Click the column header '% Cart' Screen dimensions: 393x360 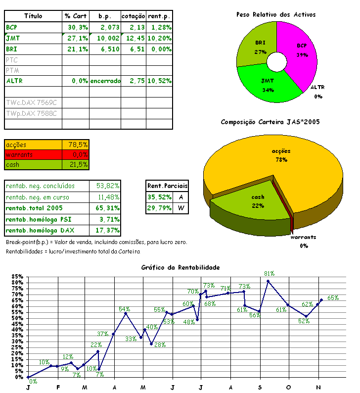pos(76,16)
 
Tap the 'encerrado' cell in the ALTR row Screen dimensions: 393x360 pos(105,81)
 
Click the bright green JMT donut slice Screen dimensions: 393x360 pos(268,83)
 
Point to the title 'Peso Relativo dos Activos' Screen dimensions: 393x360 pos(276,15)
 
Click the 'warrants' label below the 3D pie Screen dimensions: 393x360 pos(303,237)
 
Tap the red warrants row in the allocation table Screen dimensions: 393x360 pos(46,155)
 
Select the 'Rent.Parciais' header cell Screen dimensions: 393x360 pos(168,186)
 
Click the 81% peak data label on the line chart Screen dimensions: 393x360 pos(270,274)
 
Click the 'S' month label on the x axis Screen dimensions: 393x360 pos(260,387)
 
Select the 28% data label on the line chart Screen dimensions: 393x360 pos(159,345)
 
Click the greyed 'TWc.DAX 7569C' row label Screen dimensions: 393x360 pos(31,103)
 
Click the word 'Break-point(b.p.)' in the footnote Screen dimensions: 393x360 pos(27,242)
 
